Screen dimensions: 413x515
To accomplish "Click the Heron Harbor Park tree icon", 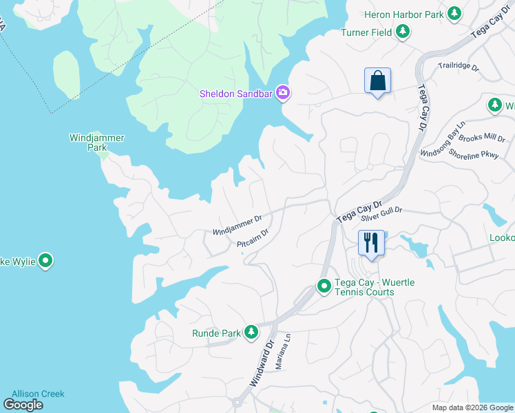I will [x=454, y=13].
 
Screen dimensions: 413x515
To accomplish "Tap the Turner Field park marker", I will [x=403, y=32].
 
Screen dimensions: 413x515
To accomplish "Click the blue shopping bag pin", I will [x=377, y=81].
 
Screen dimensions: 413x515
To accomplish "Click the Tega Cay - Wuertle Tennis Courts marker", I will [x=324, y=286].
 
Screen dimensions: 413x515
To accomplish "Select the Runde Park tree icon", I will [x=251, y=333].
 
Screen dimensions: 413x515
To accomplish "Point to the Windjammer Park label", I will [x=97, y=142].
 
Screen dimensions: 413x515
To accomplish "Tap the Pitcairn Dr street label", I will [x=252, y=239].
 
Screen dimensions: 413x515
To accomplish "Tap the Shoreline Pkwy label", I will [x=474, y=154].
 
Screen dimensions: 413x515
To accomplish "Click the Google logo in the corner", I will [x=23, y=405].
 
